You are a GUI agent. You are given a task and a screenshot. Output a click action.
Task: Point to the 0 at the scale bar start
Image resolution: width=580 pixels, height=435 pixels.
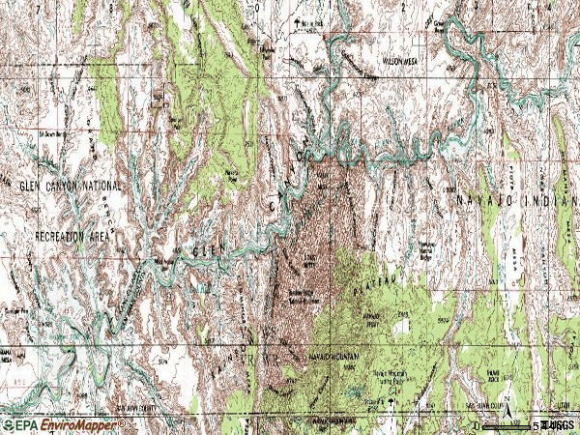476,425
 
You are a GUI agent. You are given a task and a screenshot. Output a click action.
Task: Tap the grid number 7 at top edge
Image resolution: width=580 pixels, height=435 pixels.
114,6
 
